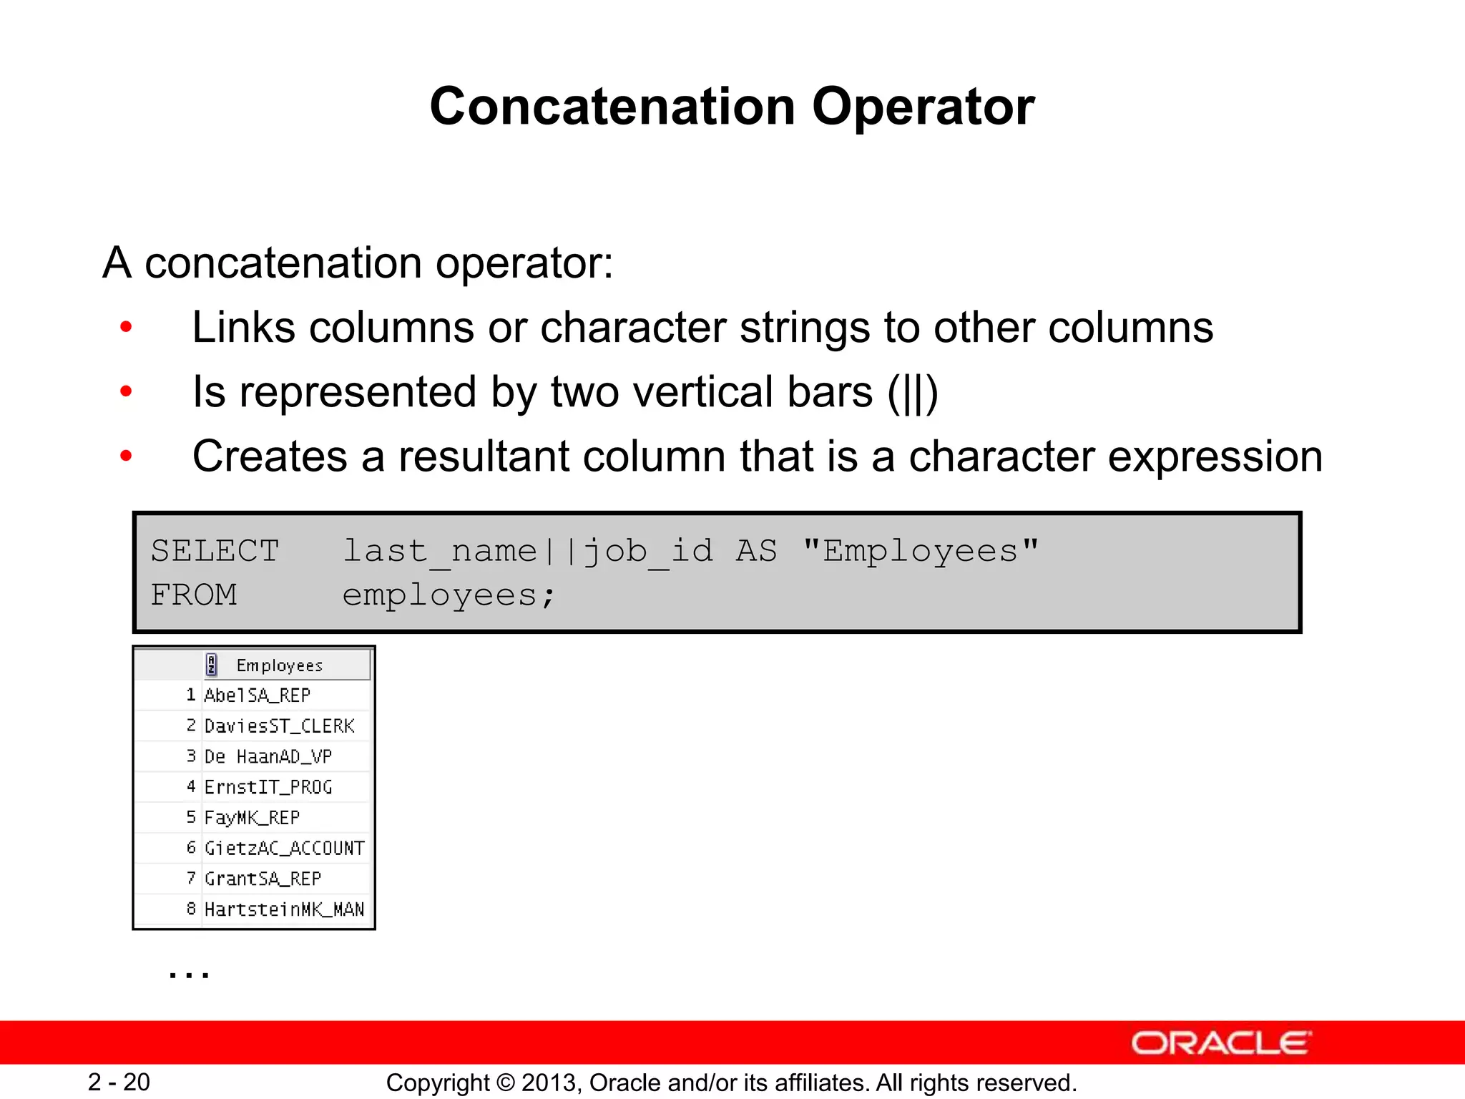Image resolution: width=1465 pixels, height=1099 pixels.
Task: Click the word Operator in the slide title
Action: pyautogui.click(x=923, y=107)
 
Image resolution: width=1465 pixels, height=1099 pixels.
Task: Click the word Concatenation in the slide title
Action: pyautogui.click(x=612, y=107)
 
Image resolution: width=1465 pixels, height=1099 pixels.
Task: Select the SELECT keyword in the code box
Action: pyautogui.click(x=215, y=552)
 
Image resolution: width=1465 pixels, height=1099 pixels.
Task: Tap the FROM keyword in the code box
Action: pyautogui.click(x=194, y=595)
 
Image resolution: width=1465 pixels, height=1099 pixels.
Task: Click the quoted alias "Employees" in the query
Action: pyautogui.click(x=920, y=552)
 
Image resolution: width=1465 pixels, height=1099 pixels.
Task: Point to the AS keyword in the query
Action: pyautogui.click(x=756, y=552)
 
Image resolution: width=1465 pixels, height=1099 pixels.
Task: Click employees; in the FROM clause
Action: pyautogui.click(x=449, y=595)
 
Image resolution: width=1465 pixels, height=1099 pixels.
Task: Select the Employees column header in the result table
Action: pyautogui.click(x=279, y=665)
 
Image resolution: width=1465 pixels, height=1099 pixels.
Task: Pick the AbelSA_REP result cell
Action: pyautogui.click(x=258, y=695)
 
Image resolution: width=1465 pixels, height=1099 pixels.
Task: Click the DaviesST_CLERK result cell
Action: pyautogui.click(x=279, y=726)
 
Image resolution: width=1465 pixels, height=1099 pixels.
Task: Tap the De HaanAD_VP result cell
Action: pyautogui.click(x=268, y=757)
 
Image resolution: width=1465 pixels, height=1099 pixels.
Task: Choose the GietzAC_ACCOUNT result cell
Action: pyautogui.click(x=284, y=849)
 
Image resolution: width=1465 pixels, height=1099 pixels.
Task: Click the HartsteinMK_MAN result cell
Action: pyautogui.click(x=284, y=909)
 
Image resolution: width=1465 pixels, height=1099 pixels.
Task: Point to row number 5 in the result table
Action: pyautogui.click(x=191, y=817)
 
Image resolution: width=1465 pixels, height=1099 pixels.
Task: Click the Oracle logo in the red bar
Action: pyautogui.click(x=1221, y=1043)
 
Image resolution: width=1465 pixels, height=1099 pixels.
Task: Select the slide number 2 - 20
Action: pyautogui.click(x=119, y=1082)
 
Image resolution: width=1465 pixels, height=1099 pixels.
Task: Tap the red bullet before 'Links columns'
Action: pyautogui.click(x=127, y=328)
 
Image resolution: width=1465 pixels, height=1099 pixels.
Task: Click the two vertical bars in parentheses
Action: pyautogui.click(x=912, y=393)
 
